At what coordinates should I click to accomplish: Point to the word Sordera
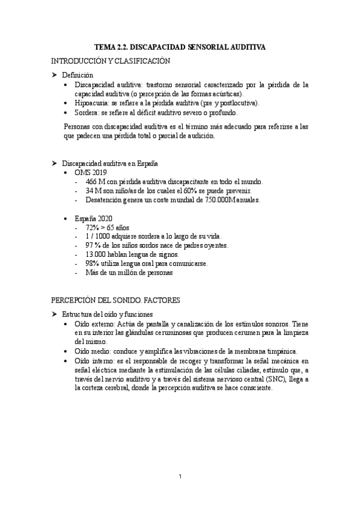pyautogui.click(x=88, y=112)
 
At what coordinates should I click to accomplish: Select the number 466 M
pyautogui.click(x=95, y=182)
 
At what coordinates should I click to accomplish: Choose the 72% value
pyautogui.click(x=93, y=228)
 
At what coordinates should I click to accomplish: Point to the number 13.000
pyautogui.click(x=98, y=255)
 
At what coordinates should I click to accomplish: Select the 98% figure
pyautogui.click(x=94, y=264)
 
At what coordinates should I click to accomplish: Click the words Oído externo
pyautogui.click(x=96, y=324)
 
